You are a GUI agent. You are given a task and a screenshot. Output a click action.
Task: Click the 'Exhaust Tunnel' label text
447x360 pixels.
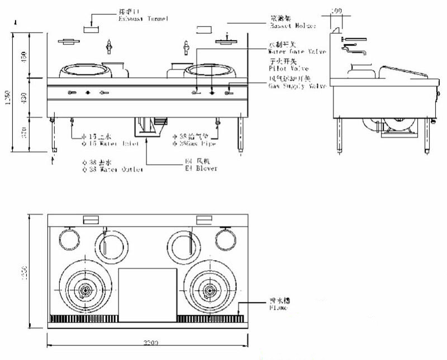coord(143,20)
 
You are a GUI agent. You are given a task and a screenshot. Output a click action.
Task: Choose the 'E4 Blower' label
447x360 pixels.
coord(201,168)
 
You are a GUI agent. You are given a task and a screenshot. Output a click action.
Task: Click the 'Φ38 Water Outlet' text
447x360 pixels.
coord(112,169)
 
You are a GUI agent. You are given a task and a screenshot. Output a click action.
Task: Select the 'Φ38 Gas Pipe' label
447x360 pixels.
coord(195,143)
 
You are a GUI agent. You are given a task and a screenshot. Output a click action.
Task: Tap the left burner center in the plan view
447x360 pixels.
coord(85,290)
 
